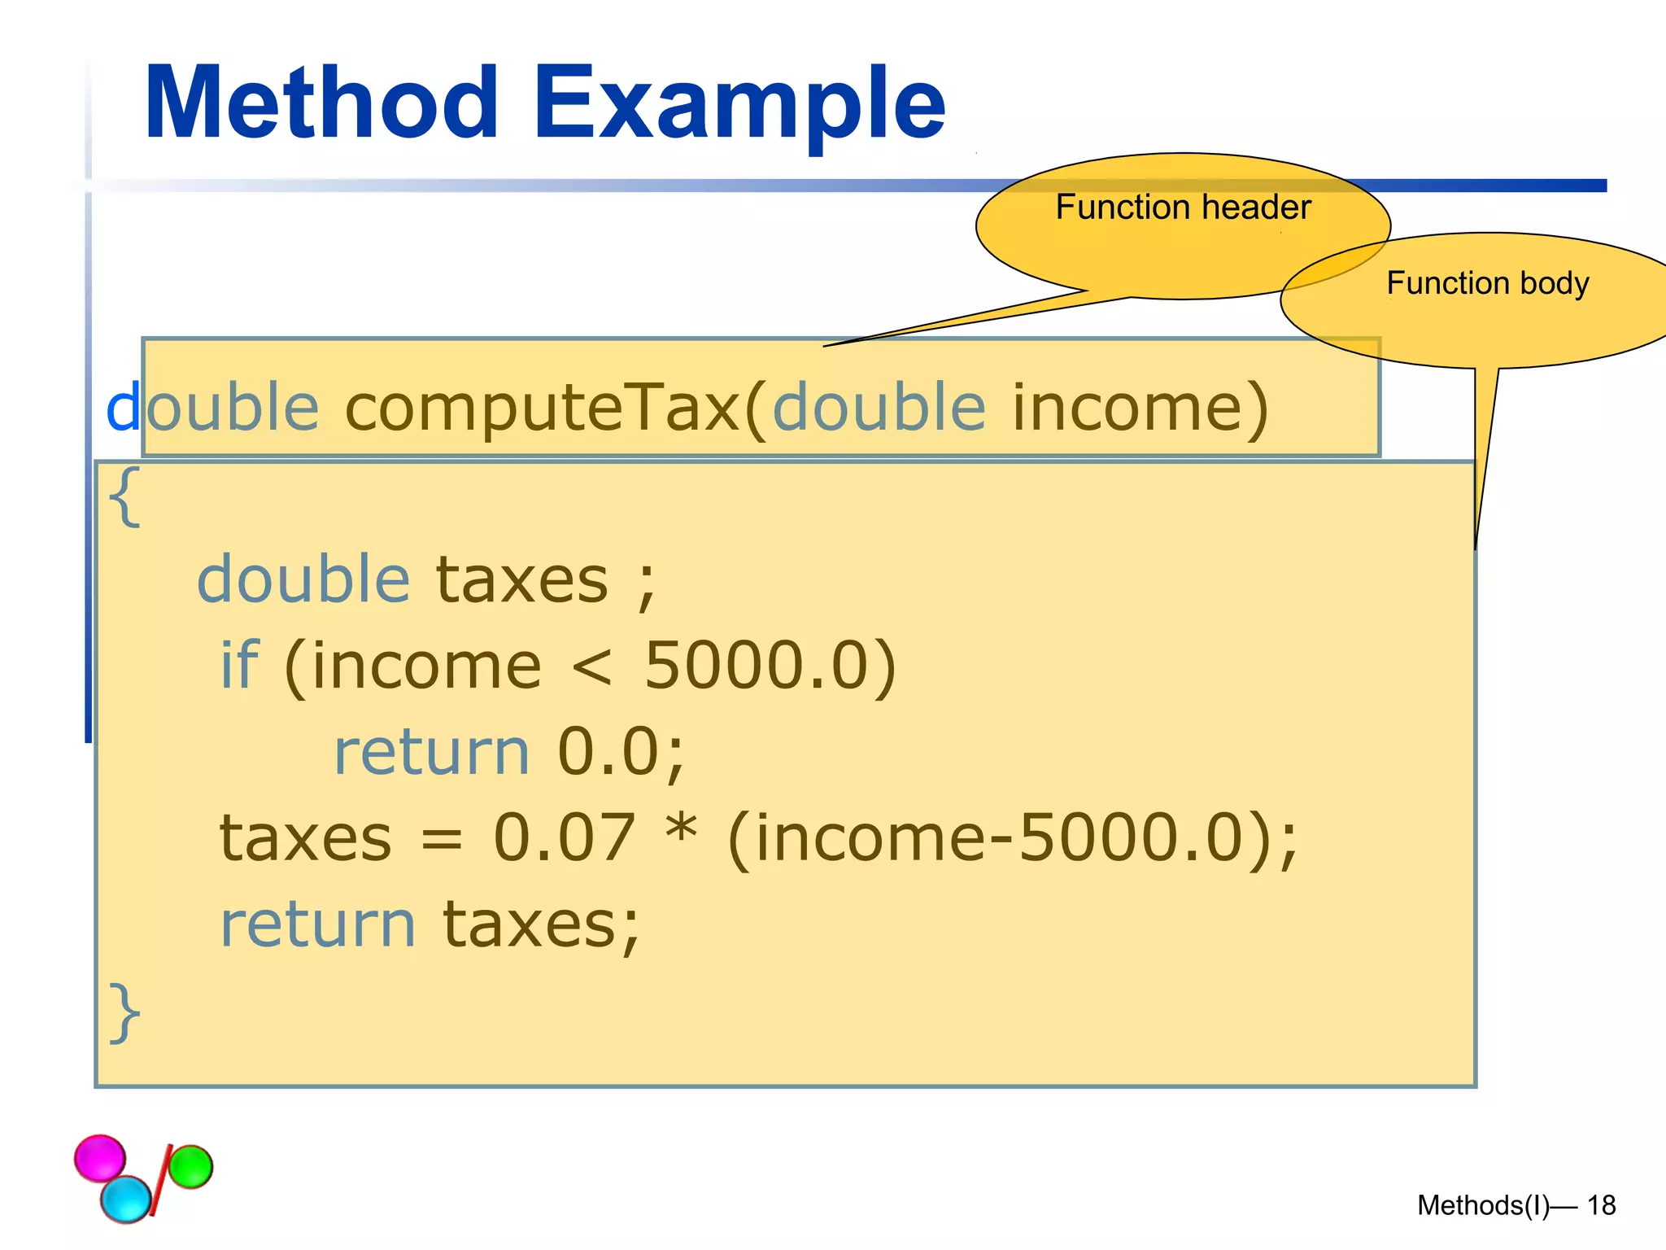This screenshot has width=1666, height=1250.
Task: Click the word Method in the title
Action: [321, 103]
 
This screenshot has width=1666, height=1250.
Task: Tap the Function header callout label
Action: [1183, 208]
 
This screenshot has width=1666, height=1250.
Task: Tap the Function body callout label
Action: [1487, 283]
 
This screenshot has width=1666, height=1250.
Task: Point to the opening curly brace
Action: [124, 496]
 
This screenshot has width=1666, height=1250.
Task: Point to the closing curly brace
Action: [124, 1012]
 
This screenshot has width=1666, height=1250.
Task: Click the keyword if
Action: [239, 665]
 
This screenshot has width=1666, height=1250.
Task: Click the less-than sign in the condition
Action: [591, 667]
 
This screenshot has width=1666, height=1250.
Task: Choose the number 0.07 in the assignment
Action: [564, 837]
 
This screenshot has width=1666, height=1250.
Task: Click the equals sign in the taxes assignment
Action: [442, 840]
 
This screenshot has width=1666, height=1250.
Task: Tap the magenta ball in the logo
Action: [100, 1157]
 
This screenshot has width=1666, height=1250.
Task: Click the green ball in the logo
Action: [191, 1166]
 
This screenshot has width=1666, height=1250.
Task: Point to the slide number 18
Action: [1601, 1205]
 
